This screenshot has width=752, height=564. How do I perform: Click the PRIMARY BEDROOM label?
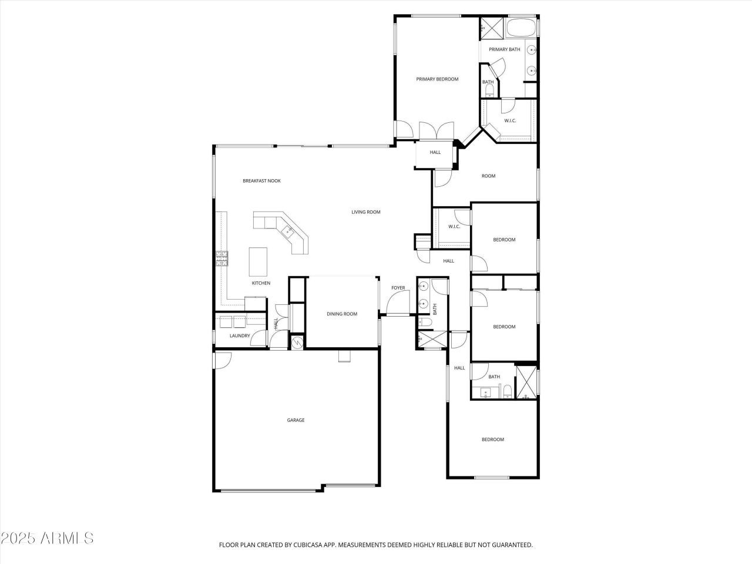click(437, 79)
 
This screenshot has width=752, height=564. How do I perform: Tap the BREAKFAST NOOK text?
click(261, 181)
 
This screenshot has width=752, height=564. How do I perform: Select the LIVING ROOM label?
click(366, 212)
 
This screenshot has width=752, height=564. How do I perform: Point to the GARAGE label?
click(296, 420)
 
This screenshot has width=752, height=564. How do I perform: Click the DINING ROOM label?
click(342, 314)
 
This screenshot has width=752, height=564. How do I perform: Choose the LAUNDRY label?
click(240, 336)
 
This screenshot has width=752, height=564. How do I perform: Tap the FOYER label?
click(398, 288)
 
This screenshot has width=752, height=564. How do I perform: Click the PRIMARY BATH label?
click(505, 49)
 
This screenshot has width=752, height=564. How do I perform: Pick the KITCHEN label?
click(261, 283)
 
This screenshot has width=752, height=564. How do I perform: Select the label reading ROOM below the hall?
click(488, 176)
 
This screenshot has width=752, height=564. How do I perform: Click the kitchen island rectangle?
click(258, 261)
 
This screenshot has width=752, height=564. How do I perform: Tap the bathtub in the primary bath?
click(521, 28)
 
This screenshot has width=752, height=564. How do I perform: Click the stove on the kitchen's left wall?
click(222, 258)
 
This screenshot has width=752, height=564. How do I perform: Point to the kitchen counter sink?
click(288, 230)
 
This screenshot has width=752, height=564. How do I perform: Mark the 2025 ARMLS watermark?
click(47, 538)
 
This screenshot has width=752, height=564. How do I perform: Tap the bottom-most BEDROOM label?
click(493, 439)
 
